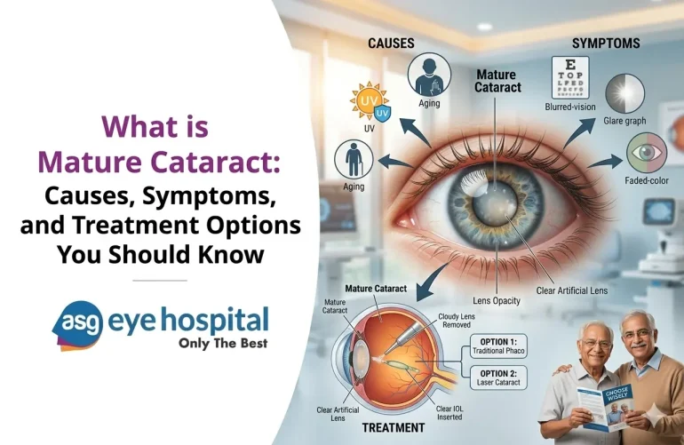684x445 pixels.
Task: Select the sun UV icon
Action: point(367,102)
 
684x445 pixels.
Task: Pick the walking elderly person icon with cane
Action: point(353,161)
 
